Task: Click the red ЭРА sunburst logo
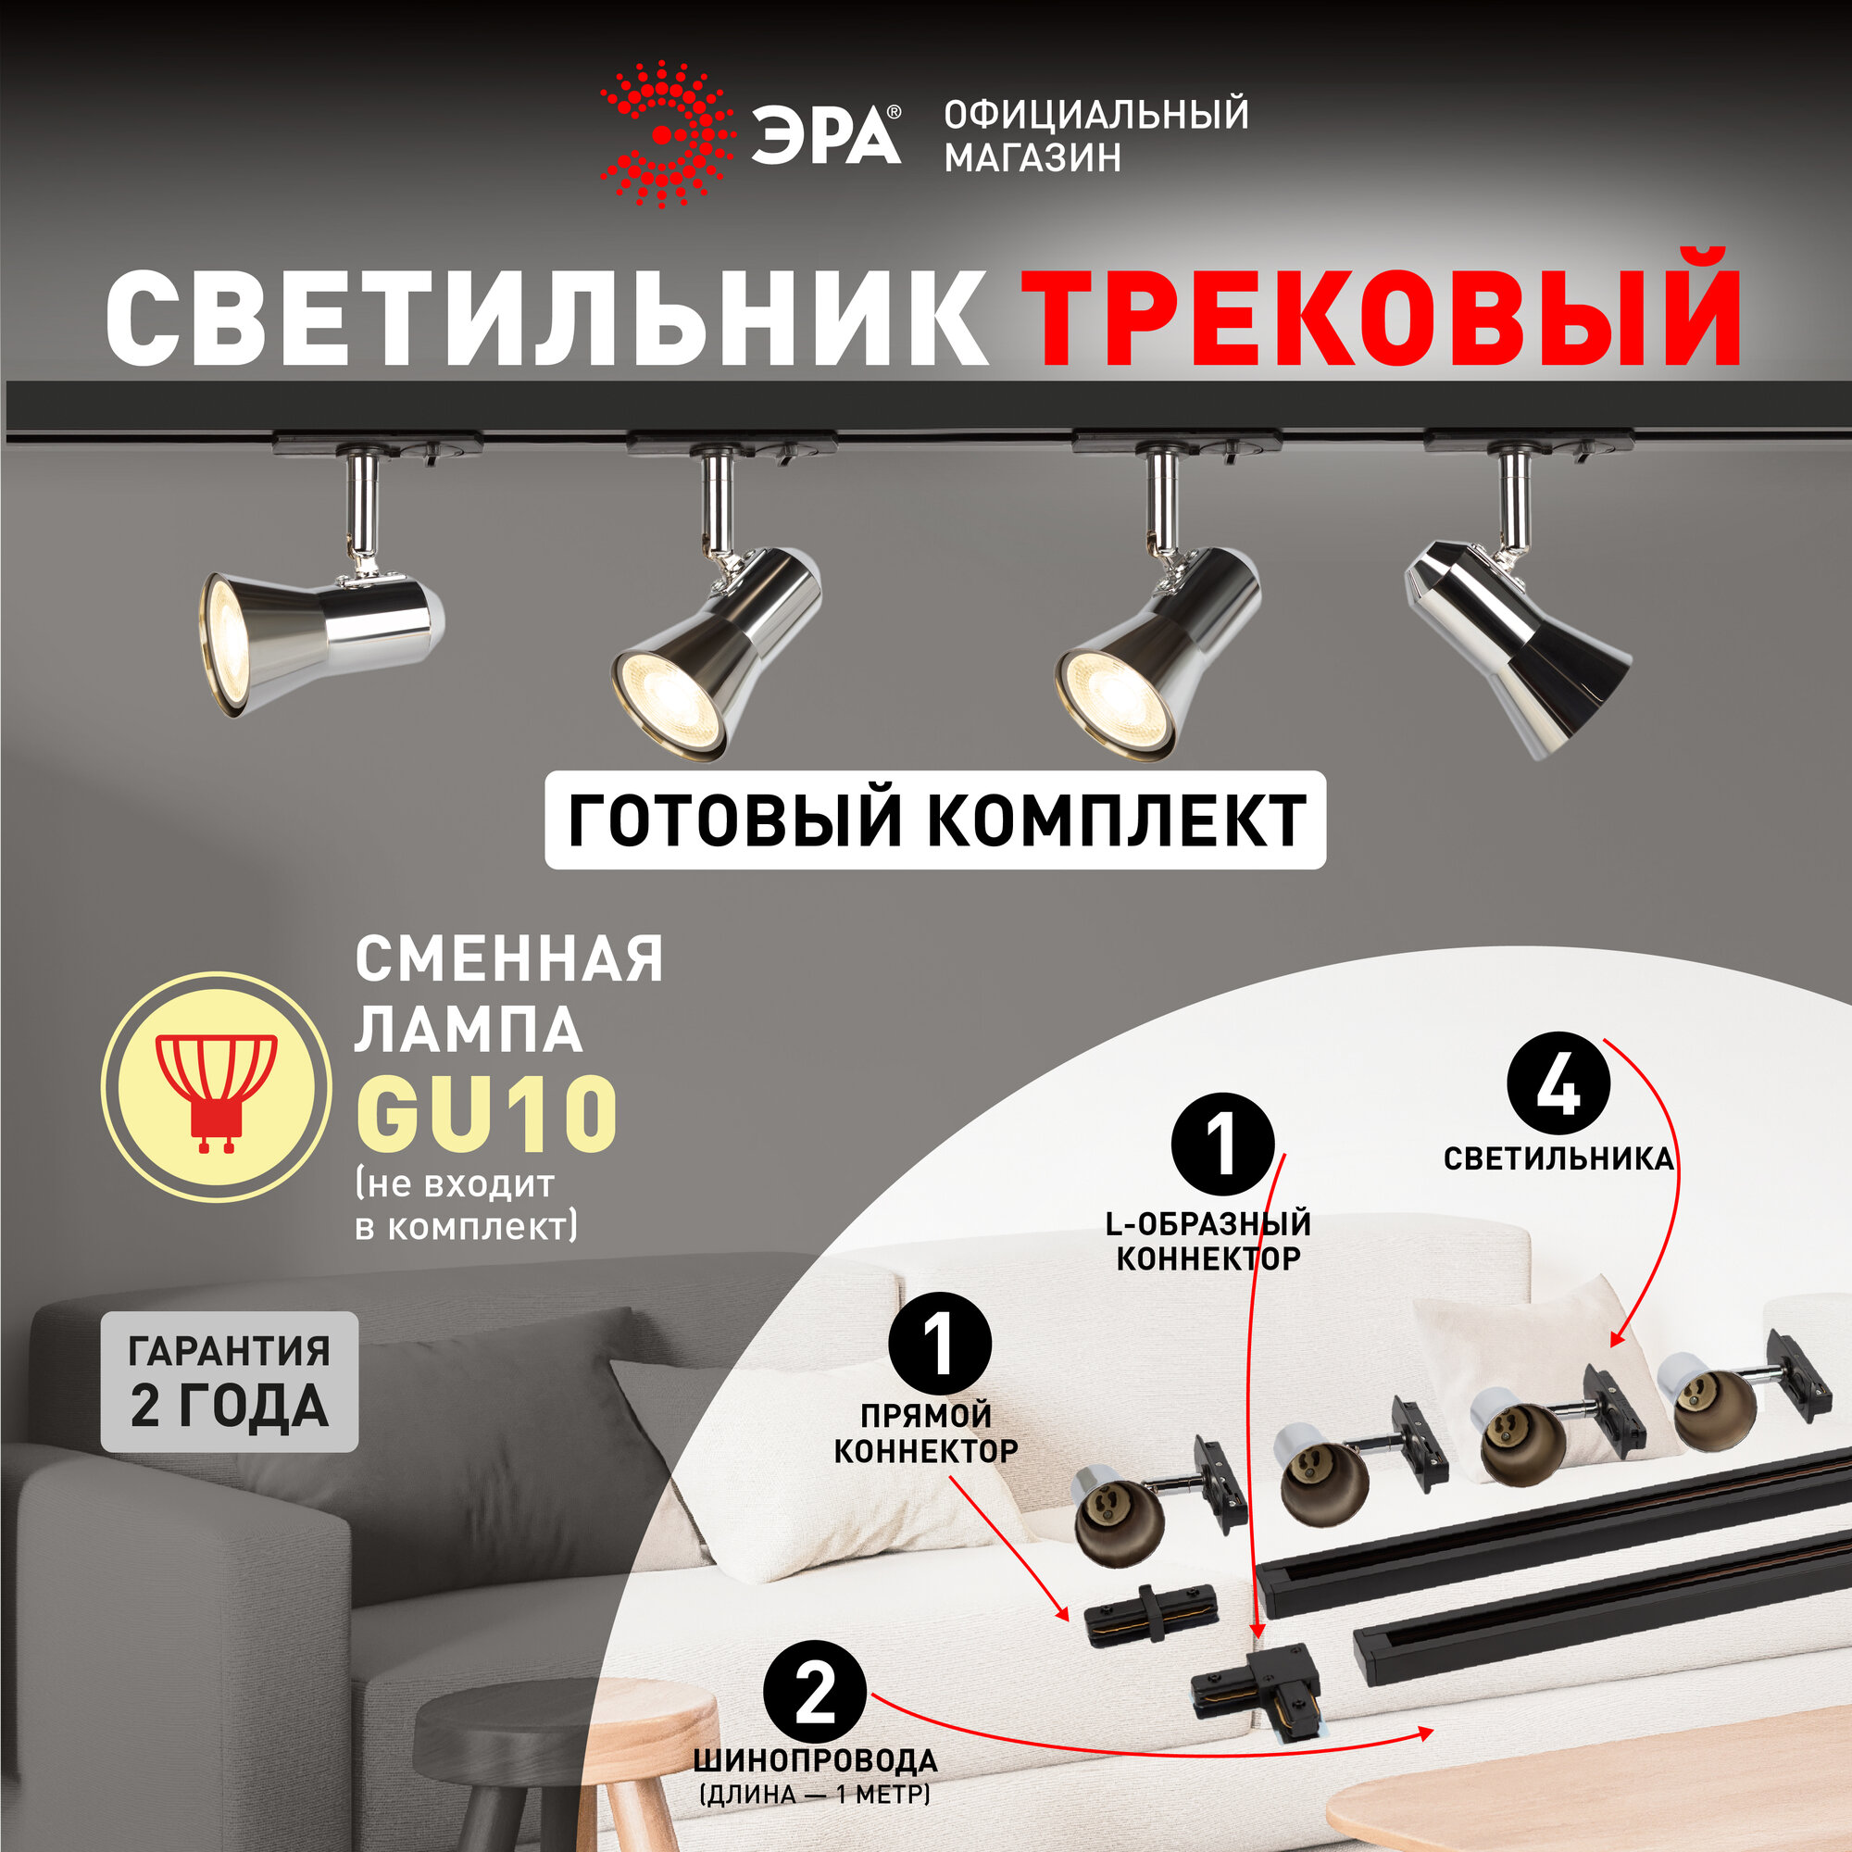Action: (666, 135)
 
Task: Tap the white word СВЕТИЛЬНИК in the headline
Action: (546, 318)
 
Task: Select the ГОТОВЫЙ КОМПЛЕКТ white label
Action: (935, 820)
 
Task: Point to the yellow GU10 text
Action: (486, 1114)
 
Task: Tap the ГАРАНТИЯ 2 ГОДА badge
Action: (229, 1382)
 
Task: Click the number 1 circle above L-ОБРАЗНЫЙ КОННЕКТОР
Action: (1223, 1145)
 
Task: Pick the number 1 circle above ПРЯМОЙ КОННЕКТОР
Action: (939, 1345)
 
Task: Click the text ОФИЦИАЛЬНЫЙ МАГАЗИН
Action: (1095, 135)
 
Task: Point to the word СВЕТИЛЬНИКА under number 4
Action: (1558, 1159)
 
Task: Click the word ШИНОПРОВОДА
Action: (815, 1762)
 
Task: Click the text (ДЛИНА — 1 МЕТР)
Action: (815, 1795)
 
